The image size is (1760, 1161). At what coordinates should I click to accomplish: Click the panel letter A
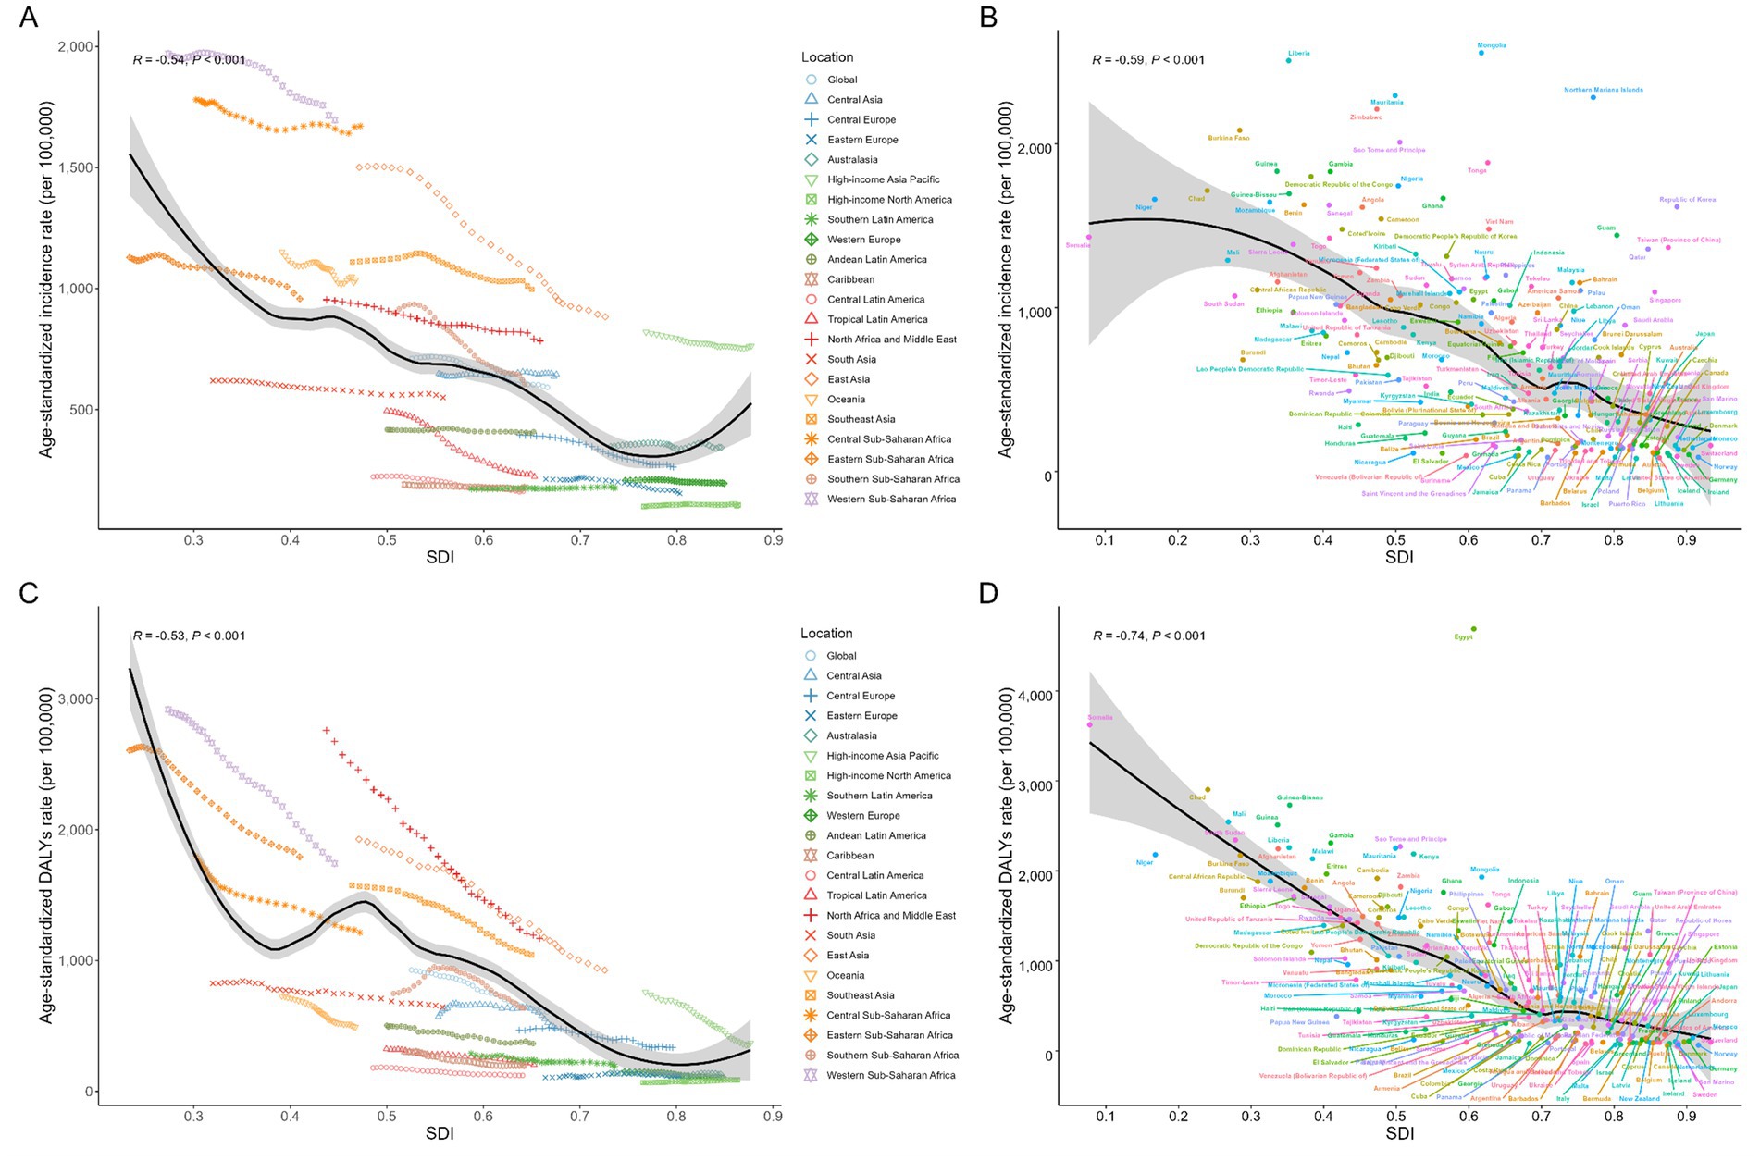(x=29, y=17)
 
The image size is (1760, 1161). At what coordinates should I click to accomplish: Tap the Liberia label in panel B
(x=1298, y=53)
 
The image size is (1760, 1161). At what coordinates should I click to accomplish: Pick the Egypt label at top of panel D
(x=1463, y=636)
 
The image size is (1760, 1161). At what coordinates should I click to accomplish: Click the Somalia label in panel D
(x=1100, y=717)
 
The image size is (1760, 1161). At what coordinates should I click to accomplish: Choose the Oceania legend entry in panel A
(x=846, y=400)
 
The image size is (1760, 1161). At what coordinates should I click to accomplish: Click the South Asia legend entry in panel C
(x=850, y=935)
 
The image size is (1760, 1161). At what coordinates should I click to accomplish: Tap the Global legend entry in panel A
(x=842, y=80)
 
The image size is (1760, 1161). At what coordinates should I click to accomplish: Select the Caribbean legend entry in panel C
(x=849, y=856)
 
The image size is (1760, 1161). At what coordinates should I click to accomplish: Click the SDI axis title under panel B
(x=1399, y=557)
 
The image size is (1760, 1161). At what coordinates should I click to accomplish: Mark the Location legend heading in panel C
(x=826, y=634)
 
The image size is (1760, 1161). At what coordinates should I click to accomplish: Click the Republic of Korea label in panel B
(x=1687, y=200)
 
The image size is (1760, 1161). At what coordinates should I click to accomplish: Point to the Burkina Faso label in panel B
(x=1228, y=138)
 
